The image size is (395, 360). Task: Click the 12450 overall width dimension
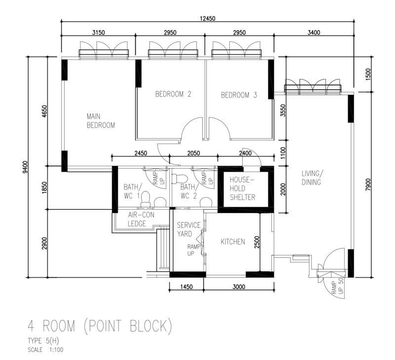[207, 18]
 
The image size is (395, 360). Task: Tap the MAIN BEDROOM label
[101, 121]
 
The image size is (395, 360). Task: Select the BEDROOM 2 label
[173, 94]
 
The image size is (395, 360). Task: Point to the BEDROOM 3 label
[239, 95]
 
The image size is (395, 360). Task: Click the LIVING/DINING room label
[312, 178]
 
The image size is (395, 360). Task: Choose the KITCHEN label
[233, 242]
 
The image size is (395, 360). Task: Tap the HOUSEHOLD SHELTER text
[242, 188]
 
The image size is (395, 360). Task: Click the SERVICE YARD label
[189, 229]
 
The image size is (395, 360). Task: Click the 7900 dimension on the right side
[368, 184]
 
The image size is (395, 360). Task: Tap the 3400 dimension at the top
[314, 33]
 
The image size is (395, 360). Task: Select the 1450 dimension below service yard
[187, 287]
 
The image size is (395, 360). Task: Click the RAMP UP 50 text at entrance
[337, 286]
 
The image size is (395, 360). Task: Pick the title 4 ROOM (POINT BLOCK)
[100, 326]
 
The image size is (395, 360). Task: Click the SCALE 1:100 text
[45, 350]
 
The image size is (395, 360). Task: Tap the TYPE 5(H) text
[43, 341]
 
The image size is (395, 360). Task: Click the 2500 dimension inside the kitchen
[257, 242]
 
